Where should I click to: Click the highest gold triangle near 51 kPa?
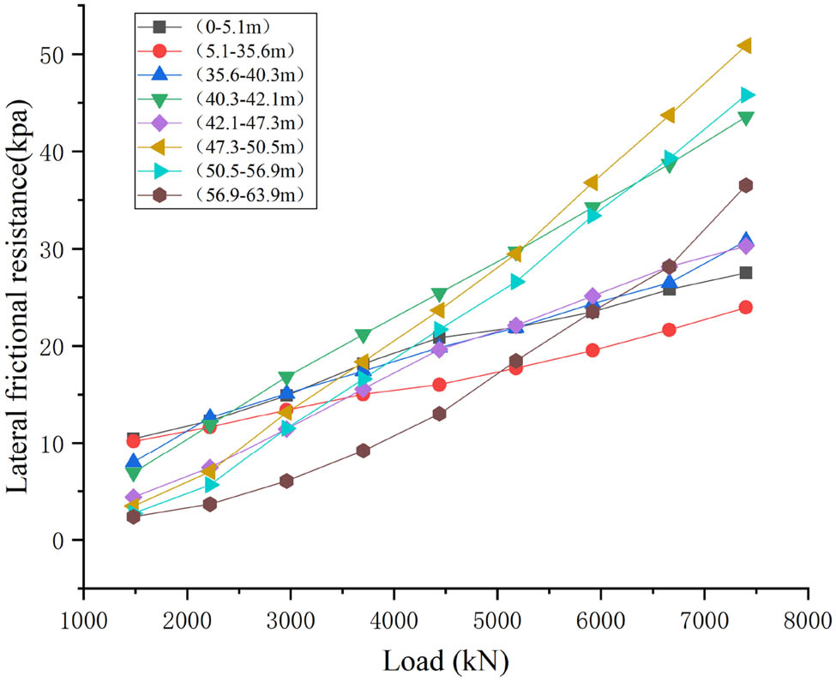pyautogui.click(x=744, y=45)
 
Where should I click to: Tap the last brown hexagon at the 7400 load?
pyautogui.click(x=745, y=185)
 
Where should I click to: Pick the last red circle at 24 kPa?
pyautogui.click(x=745, y=307)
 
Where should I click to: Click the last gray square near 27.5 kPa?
pyautogui.click(x=745, y=272)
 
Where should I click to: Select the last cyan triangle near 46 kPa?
pyautogui.click(x=746, y=94)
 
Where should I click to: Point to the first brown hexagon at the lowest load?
pyautogui.click(x=133, y=517)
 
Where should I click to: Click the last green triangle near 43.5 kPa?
pyautogui.click(x=745, y=118)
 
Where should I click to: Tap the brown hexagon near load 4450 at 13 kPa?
pyautogui.click(x=439, y=414)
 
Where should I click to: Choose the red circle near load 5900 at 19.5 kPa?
pyautogui.click(x=592, y=350)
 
